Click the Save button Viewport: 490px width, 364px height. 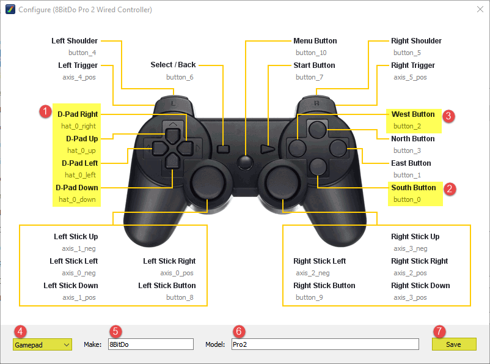point(453,344)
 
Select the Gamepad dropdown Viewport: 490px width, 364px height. point(42,344)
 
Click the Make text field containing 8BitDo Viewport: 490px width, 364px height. point(150,344)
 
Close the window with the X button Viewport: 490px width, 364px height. point(478,10)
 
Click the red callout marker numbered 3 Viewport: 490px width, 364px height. point(448,116)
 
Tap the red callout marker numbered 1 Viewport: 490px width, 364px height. point(44,111)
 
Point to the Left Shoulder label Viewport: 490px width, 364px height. point(75,41)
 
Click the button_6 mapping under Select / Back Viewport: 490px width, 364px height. point(180,78)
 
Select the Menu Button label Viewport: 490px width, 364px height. point(315,41)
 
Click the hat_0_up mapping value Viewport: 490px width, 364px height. point(81,150)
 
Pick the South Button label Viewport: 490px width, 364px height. point(414,188)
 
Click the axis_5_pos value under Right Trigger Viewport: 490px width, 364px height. point(410,78)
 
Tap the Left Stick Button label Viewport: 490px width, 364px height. point(167,286)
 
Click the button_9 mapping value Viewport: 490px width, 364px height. point(309,298)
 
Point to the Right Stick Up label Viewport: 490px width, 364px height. point(415,237)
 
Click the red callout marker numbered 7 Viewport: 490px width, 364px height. point(439,330)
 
